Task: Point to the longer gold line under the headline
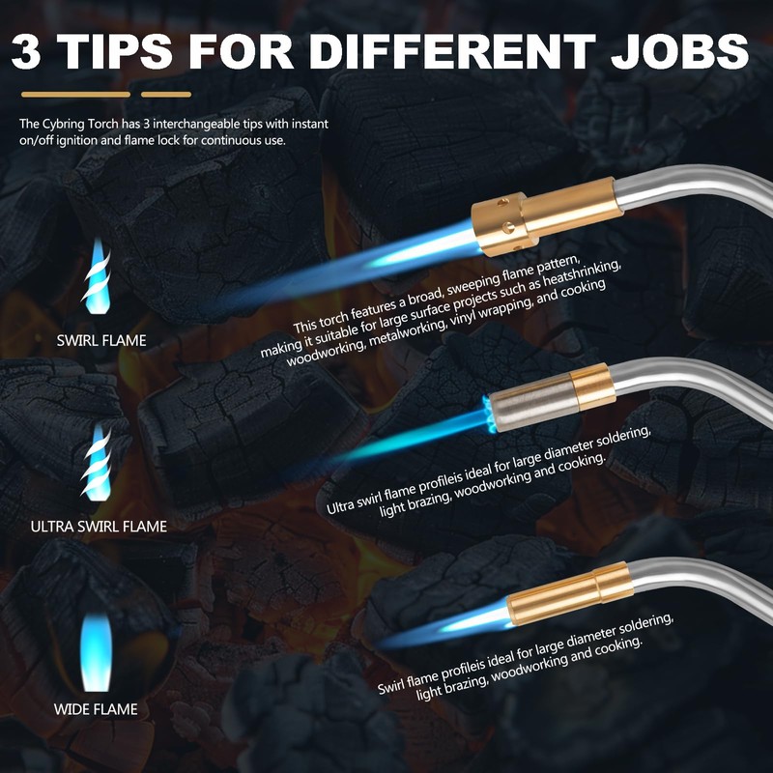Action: (x=75, y=95)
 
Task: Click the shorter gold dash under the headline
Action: (x=165, y=95)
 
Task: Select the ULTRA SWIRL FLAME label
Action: (x=99, y=527)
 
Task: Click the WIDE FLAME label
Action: (x=96, y=709)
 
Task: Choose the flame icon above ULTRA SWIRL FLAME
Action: (x=97, y=463)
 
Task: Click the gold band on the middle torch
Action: (x=592, y=386)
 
